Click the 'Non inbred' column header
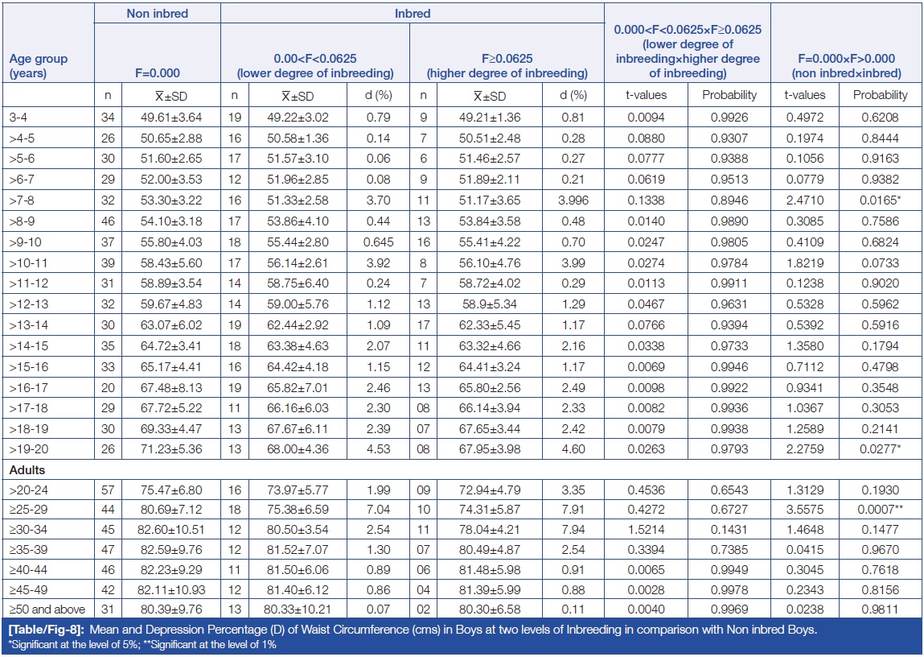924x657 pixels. [x=157, y=13]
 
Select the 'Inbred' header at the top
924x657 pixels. [x=413, y=13]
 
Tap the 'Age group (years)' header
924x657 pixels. [x=39, y=65]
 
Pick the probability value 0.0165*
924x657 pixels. [x=879, y=198]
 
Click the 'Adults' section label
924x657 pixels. [x=28, y=470]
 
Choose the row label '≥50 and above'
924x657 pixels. [x=46, y=611]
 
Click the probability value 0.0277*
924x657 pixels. [x=879, y=448]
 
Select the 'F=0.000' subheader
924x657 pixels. [x=157, y=72]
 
